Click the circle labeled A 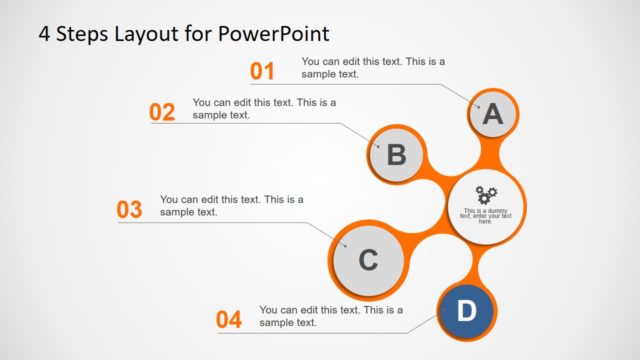point(492,115)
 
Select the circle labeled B point(396,155)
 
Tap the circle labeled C point(367,261)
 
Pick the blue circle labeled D point(466,311)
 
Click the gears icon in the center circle point(486,194)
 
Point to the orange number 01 point(262,71)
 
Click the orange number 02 point(162,112)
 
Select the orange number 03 point(130,210)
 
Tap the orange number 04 point(229,320)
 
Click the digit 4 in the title point(44,33)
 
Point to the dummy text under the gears point(486,214)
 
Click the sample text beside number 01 point(373,67)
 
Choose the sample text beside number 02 point(264,108)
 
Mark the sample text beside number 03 point(231,205)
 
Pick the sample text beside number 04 point(331,316)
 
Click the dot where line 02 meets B point(379,147)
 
